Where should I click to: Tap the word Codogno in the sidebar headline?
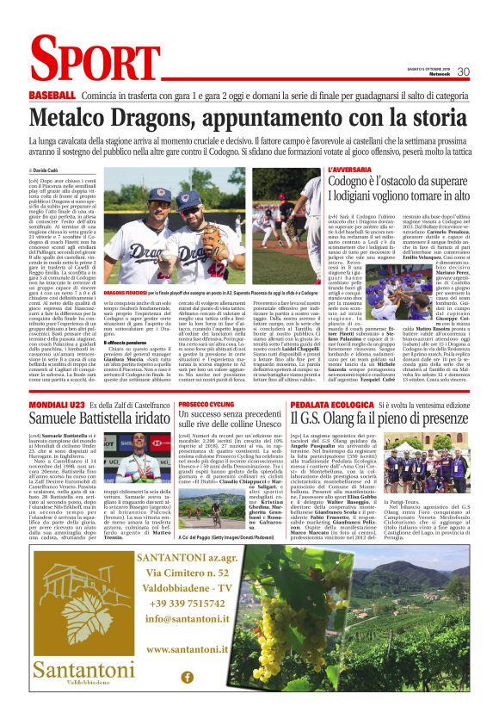353,183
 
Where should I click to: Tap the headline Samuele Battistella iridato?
100,418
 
